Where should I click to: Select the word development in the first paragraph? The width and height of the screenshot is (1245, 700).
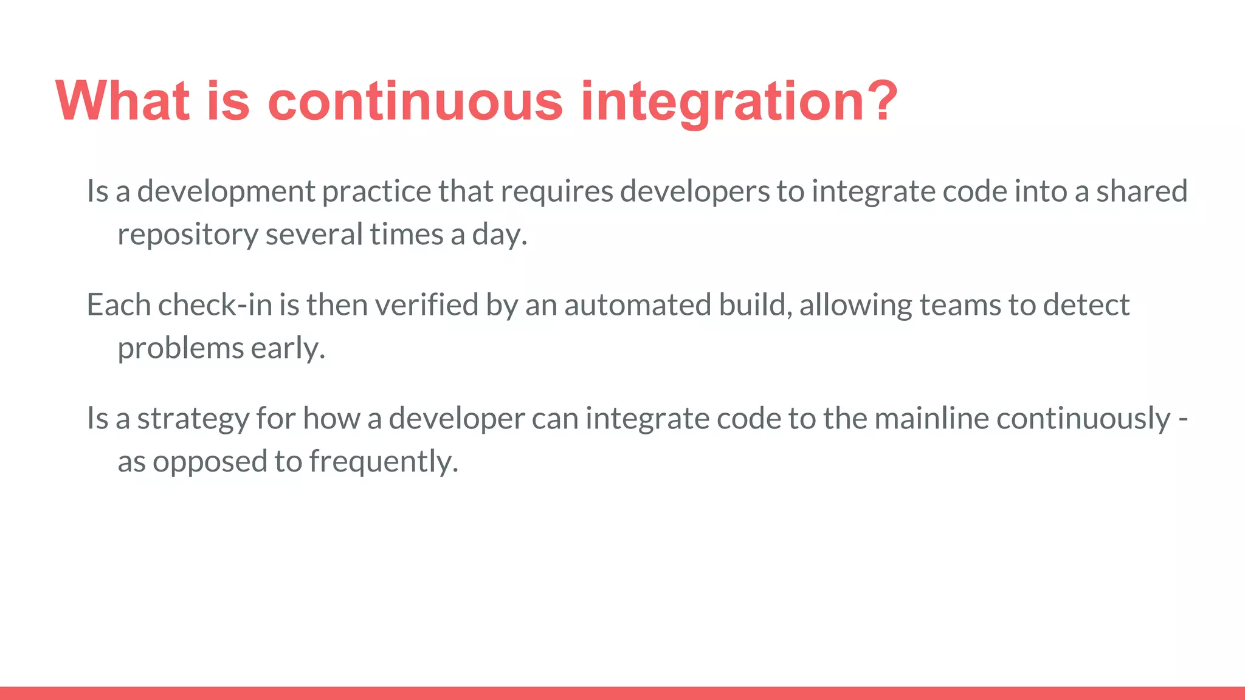[226, 192]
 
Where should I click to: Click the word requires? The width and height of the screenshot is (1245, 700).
[557, 192]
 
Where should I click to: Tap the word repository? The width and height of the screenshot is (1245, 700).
[188, 235]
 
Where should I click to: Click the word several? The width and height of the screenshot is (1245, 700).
[314, 235]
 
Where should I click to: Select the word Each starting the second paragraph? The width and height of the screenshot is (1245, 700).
[119, 305]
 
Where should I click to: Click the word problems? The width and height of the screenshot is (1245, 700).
[181, 349]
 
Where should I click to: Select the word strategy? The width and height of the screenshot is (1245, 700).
[193, 419]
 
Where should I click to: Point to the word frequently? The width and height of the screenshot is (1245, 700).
[383, 462]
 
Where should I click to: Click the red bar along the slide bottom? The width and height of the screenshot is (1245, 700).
[622, 693]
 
